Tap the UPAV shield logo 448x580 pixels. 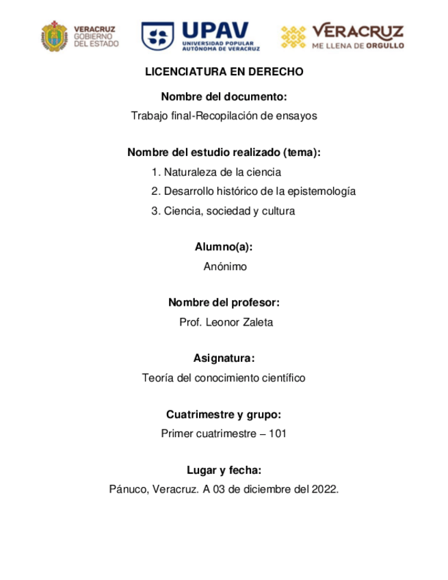click(157, 36)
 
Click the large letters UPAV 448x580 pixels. click(217, 31)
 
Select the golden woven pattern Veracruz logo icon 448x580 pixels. click(294, 36)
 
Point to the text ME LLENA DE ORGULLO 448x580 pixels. click(358, 46)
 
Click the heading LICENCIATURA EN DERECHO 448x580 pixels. click(224, 72)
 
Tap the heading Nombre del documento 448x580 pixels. click(224, 96)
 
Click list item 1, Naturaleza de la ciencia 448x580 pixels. click(216, 172)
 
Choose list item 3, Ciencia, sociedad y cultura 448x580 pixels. click(223, 211)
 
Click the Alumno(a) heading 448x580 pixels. click(224, 247)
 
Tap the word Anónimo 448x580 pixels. click(224, 267)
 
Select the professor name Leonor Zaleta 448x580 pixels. click(239, 323)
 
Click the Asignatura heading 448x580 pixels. click(224, 358)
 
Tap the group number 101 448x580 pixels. click(277, 434)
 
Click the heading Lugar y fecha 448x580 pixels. click(224, 469)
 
